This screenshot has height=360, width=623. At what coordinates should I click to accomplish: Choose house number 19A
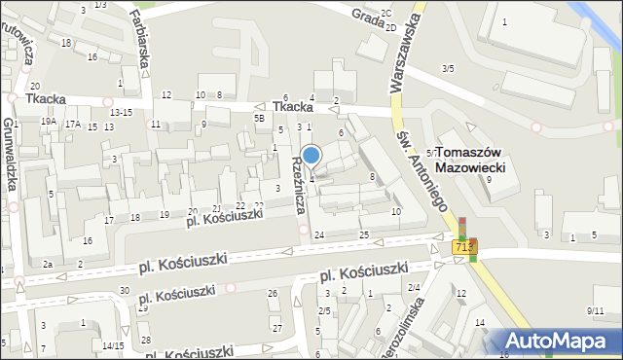pos(49,123)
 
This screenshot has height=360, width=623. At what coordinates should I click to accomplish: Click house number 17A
pos(73,124)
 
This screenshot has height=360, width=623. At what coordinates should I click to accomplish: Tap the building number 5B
pos(259,118)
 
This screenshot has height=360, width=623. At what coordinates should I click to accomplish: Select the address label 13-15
pos(121,113)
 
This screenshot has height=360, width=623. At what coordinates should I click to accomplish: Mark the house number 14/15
pos(112,345)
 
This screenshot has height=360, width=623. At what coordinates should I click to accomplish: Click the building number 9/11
pos(595,310)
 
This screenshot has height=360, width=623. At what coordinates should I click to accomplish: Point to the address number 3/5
pos(447,68)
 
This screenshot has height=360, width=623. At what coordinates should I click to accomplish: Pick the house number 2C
pos(386,13)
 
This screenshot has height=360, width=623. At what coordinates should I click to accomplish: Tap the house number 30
pos(124,291)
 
